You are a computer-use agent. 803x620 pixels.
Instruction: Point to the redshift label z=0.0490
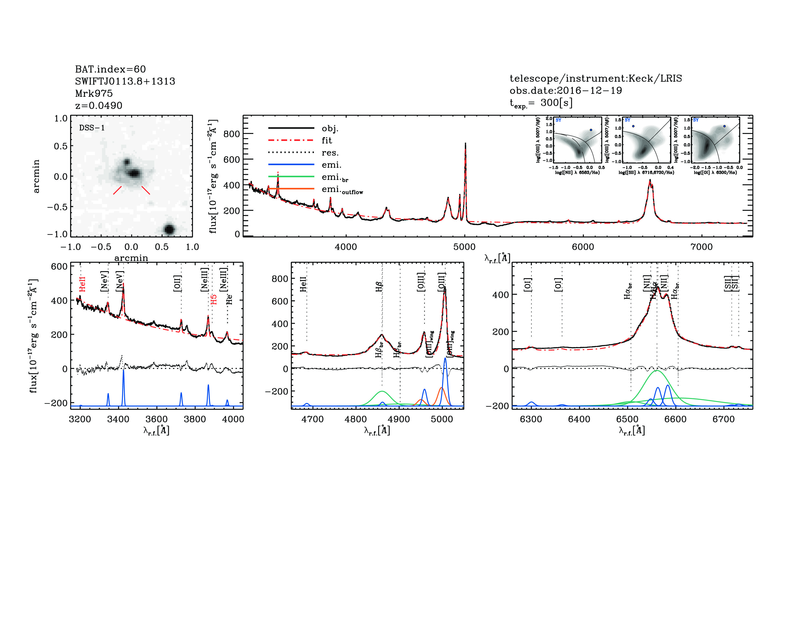tap(99, 106)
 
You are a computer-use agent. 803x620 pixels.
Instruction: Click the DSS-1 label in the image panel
tap(92, 128)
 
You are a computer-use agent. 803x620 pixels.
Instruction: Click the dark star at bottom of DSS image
tap(169, 229)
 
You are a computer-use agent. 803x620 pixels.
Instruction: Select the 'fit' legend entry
tap(327, 140)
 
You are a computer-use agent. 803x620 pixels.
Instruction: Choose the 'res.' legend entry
tap(330, 153)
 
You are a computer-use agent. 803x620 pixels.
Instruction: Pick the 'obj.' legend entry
tap(330, 128)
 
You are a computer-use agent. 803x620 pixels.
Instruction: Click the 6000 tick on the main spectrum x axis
tap(583, 247)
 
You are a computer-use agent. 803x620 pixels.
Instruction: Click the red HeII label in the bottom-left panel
tap(82, 284)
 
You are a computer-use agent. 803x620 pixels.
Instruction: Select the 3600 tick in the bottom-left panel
tap(157, 419)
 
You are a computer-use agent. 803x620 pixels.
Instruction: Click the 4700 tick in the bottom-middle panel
tap(312, 419)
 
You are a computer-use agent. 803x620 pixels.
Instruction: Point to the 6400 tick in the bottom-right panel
tap(579, 419)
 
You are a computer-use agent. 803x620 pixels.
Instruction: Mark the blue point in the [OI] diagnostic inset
tap(724, 126)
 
